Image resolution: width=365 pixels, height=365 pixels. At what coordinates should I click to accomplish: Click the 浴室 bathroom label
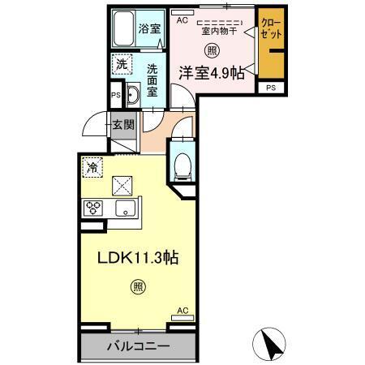149,28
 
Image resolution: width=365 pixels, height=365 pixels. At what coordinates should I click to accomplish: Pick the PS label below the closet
270,88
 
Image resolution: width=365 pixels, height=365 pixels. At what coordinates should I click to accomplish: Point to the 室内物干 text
217,32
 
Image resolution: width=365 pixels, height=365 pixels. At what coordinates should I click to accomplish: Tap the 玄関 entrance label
123,125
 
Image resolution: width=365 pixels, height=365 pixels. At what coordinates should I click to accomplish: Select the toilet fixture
182,164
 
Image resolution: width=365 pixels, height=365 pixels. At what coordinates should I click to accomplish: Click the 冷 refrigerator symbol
92,168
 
